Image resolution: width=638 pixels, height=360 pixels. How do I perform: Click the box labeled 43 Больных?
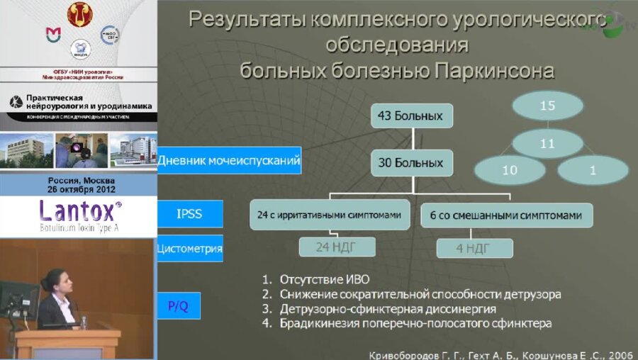click(410, 116)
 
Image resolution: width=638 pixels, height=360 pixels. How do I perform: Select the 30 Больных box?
click(410, 162)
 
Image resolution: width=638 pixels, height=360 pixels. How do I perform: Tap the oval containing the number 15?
click(547, 106)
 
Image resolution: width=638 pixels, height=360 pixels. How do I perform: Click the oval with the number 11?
click(547, 143)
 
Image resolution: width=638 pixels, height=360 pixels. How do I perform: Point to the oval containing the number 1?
click(593, 171)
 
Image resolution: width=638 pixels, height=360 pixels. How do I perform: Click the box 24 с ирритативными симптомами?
click(330, 214)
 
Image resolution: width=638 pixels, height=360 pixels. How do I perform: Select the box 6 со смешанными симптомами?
click(506, 214)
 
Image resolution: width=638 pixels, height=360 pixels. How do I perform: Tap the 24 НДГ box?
click(333, 247)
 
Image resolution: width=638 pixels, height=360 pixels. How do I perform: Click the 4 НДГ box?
click(474, 248)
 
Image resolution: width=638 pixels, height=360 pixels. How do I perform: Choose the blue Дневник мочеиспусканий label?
click(229, 161)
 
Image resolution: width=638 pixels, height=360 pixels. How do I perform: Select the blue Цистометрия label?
click(189, 249)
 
